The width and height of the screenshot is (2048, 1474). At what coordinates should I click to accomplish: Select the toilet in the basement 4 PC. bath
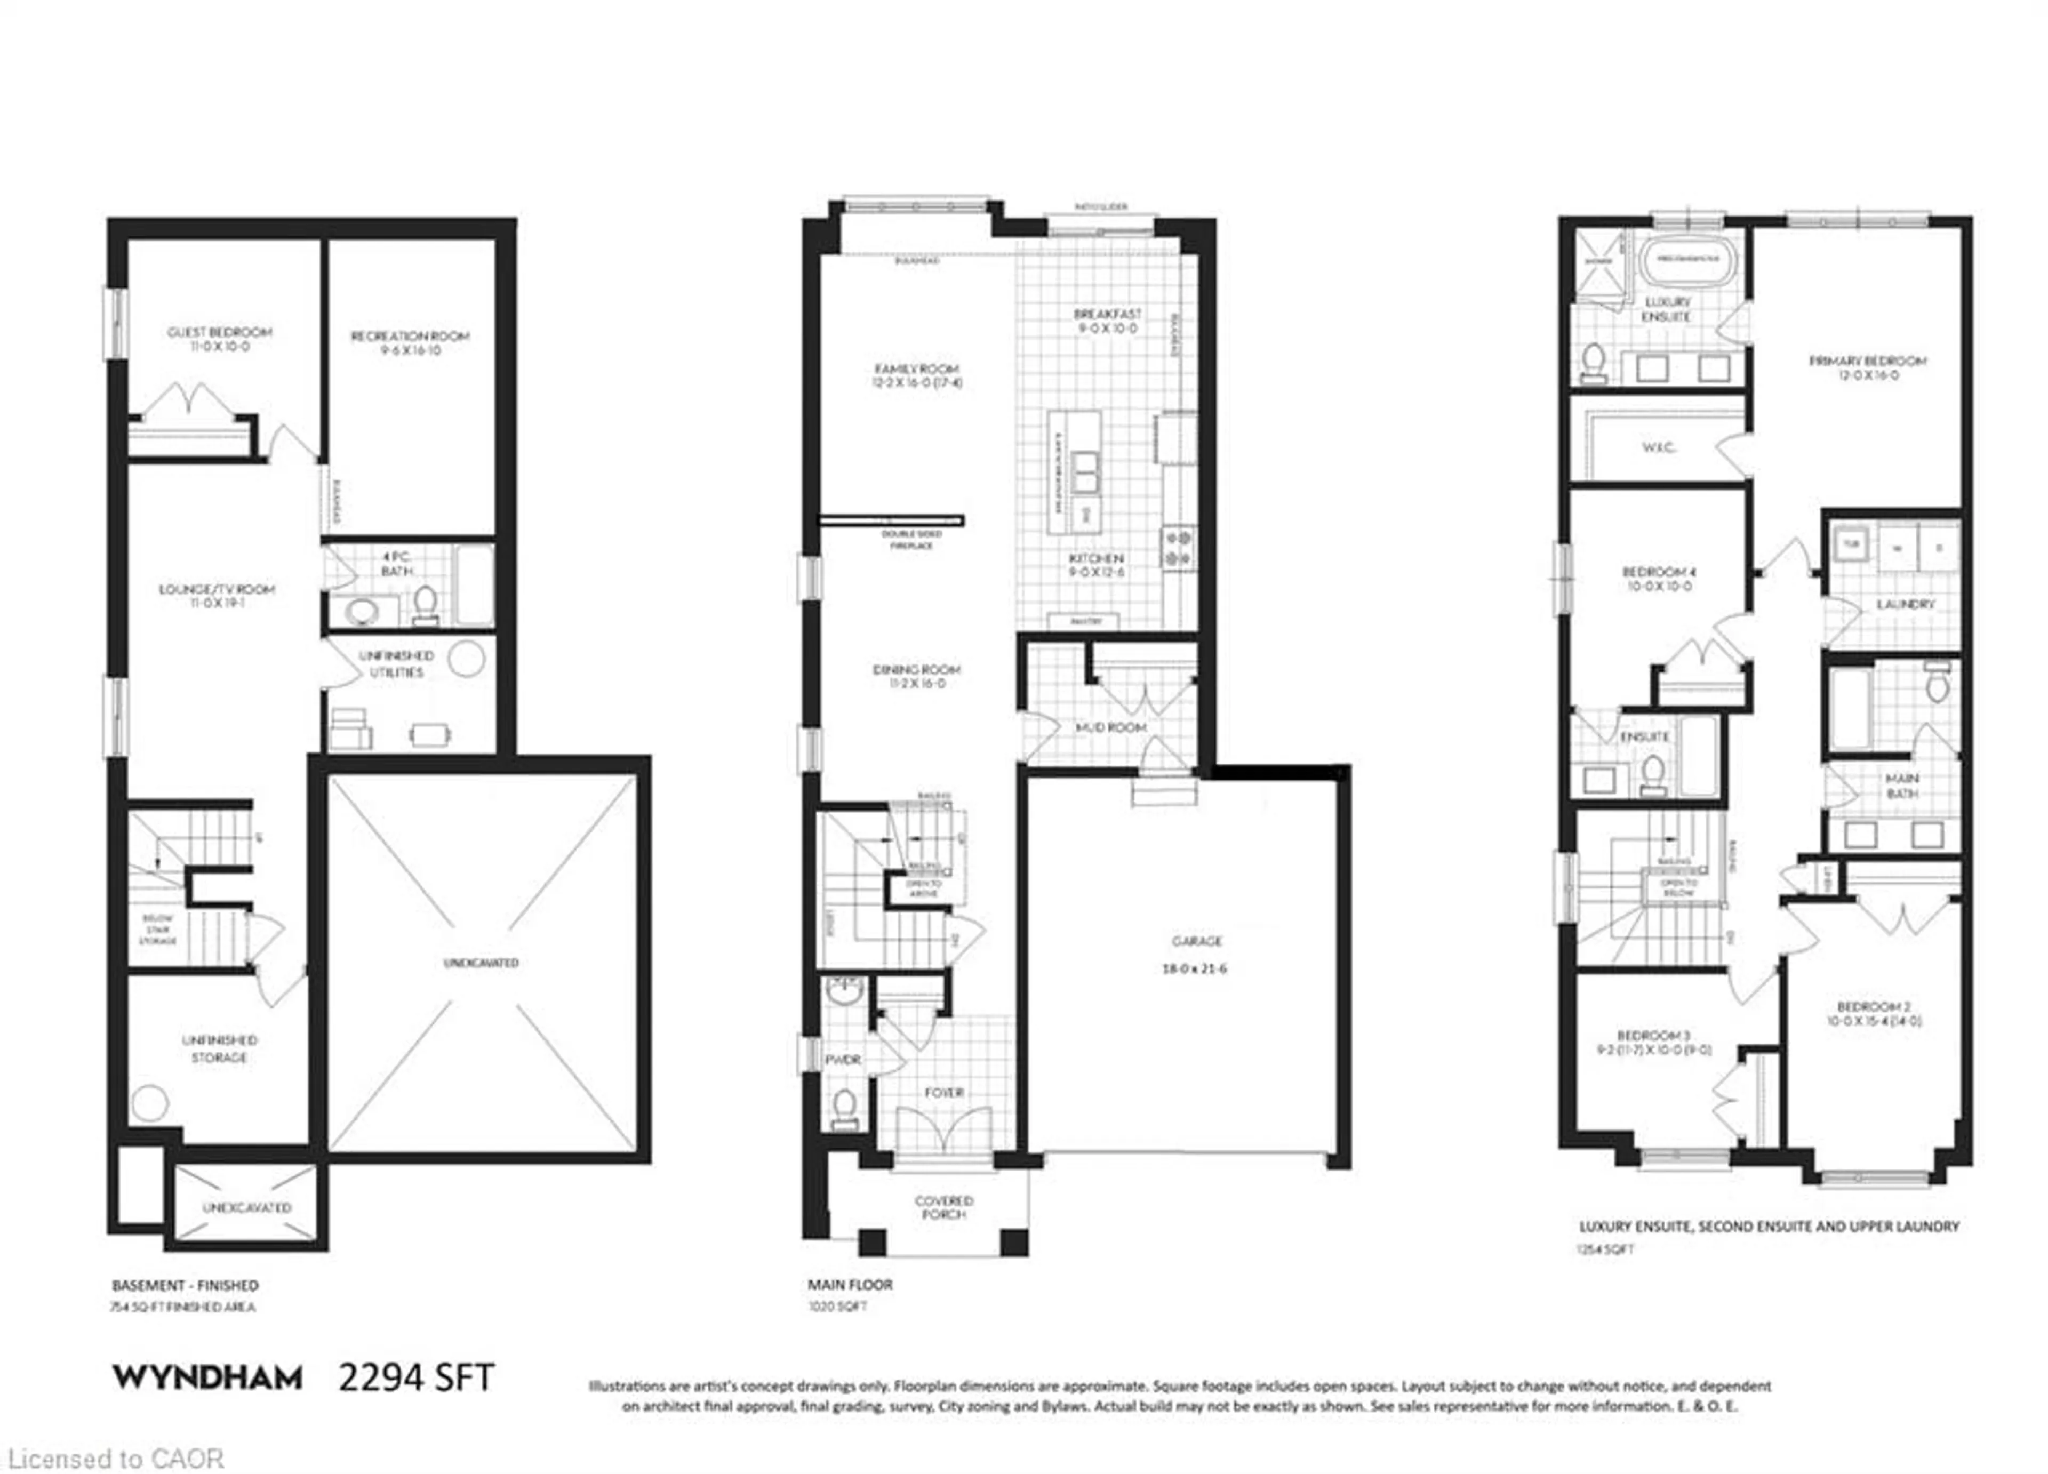click(x=425, y=603)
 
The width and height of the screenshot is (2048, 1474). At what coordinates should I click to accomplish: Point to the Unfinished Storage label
click(x=219, y=1048)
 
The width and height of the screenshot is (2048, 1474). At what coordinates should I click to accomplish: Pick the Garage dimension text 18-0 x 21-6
click(x=1196, y=969)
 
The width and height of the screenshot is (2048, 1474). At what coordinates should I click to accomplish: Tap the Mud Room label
click(x=1111, y=727)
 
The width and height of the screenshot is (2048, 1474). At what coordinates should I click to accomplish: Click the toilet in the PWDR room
click(x=844, y=1107)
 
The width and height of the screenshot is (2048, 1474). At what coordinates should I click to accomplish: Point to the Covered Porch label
click(x=943, y=1207)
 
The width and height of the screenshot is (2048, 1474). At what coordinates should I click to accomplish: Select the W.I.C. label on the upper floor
click(x=1658, y=447)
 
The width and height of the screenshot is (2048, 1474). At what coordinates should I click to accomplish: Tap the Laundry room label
click(x=1905, y=603)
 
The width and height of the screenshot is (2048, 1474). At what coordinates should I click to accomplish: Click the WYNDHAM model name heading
click(x=207, y=1377)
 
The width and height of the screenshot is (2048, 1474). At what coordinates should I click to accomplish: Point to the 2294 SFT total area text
click(x=417, y=1377)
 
